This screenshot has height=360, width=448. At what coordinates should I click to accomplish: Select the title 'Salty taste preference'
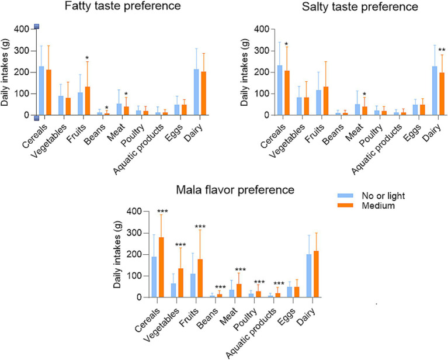[344, 8]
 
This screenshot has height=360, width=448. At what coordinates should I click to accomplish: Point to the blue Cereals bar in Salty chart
[281, 90]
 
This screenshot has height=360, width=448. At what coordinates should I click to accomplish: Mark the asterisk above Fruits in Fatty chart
[86, 58]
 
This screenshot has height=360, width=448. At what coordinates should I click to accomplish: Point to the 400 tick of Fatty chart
[23, 29]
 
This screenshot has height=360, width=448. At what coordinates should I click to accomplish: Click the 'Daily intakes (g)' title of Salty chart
[244, 72]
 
